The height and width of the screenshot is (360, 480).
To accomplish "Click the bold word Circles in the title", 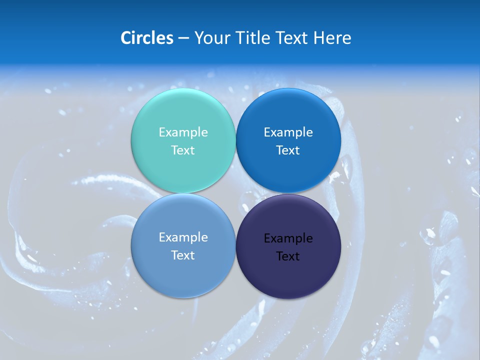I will tap(147, 38).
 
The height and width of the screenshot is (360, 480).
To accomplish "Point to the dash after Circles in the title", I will tap(183, 38).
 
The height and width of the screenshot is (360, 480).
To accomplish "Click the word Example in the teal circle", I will tap(183, 132).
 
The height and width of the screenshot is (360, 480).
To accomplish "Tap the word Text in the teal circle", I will tap(183, 150).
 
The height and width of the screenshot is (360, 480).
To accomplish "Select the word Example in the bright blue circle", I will tap(288, 132).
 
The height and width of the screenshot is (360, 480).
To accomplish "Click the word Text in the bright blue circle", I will tap(288, 150).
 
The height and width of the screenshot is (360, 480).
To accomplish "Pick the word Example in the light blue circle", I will tap(183, 237).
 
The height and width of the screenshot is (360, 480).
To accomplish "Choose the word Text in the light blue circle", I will tap(183, 255).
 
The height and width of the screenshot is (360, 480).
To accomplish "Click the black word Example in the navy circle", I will tap(288, 238).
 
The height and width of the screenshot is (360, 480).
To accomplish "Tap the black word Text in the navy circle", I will tap(288, 256).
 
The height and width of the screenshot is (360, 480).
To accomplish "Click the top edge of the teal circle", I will tap(183, 89).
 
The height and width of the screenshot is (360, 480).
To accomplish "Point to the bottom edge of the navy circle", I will tap(288, 298).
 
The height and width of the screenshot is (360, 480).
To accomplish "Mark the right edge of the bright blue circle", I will tap(340, 141).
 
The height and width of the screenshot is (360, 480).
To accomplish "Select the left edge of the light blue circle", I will tap(131, 245).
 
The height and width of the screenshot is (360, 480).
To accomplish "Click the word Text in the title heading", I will tap(292, 38).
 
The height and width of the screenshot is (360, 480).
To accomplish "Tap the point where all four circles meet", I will tap(235, 193).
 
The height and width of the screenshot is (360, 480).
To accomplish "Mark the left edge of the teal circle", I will tap(131, 141).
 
